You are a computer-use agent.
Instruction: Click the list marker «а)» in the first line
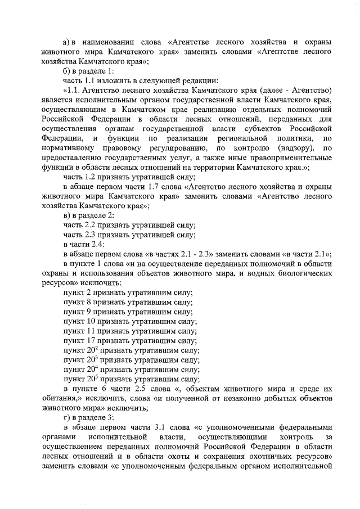coord(66,42)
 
